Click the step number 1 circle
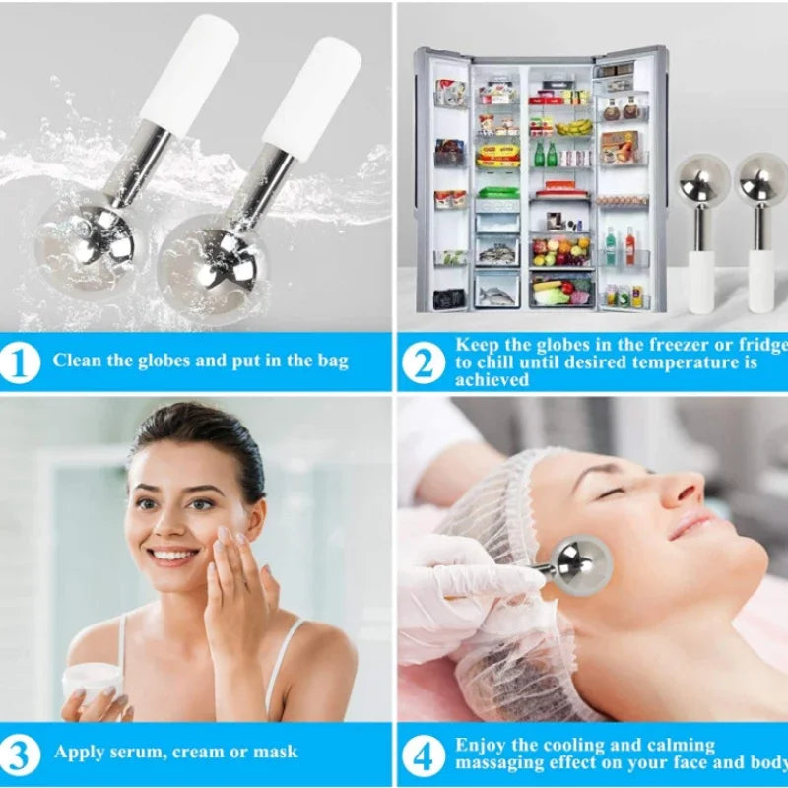pyautogui.click(x=20, y=362)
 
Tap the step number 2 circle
pyautogui.click(x=424, y=362)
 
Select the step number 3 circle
pyautogui.click(x=20, y=755)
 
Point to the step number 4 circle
pyautogui.click(x=424, y=755)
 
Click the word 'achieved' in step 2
pyautogui.click(x=492, y=380)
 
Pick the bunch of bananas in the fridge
pyautogui.click(x=573, y=127)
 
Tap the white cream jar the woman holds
pyautogui.click(x=94, y=681)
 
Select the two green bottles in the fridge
pyautogui.click(x=546, y=154)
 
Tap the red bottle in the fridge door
pyautogui.click(x=630, y=245)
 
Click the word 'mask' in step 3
pyautogui.click(x=276, y=752)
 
